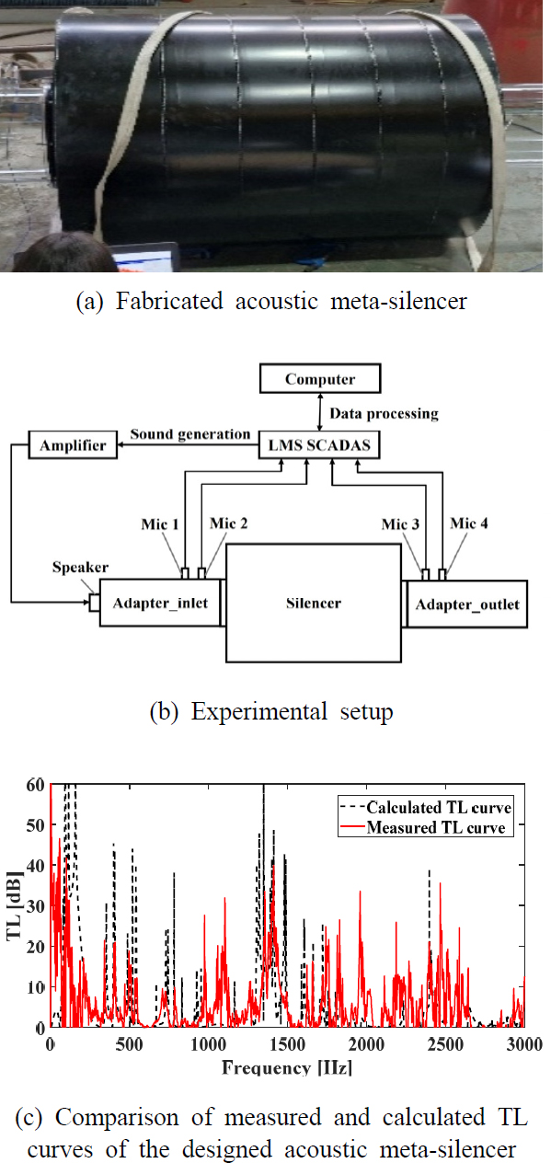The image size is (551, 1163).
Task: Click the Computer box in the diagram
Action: pos(319,378)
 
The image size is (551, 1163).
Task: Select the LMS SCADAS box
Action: pos(319,446)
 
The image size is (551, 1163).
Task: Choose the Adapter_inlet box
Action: pos(158,604)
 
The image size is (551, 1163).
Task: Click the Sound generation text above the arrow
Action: pos(189,433)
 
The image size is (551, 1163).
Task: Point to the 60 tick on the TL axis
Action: pos(34,785)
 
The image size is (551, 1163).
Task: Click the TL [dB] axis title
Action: pos(14,906)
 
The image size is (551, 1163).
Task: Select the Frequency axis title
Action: pos(287,1068)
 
